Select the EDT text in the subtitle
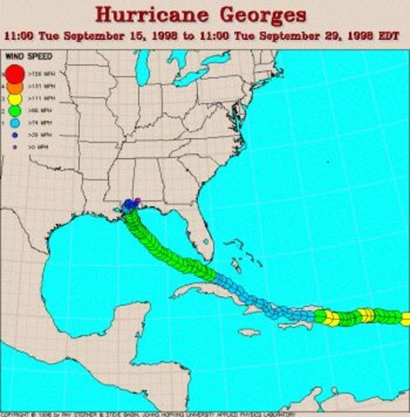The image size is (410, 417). click(x=387, y=37)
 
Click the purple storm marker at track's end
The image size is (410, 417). click(x=138, y=201)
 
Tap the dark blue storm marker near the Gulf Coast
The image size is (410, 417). click(x=129, y=205)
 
